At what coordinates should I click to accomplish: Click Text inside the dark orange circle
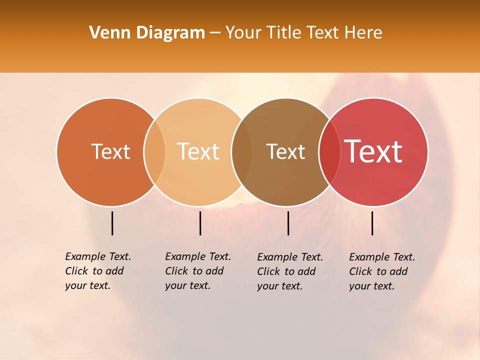point(110,151)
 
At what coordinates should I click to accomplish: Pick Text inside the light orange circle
point(198,151)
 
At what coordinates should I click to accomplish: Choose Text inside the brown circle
point(285,151)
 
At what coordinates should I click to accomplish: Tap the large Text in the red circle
point(373,151)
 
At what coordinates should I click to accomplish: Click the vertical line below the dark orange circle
point(112,223)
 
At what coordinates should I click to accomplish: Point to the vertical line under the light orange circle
point(200,223)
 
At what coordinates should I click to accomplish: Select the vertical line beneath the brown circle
point(288,223)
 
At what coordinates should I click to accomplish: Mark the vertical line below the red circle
point(372,223)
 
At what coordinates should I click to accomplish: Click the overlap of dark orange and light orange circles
point(154,151)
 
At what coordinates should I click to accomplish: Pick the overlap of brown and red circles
point(329,151)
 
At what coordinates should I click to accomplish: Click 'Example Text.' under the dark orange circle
point(98,256)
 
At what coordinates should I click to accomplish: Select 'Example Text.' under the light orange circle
point(198,256)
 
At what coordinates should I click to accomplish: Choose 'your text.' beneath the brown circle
point(280,286)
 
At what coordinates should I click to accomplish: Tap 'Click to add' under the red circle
point(378,271)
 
